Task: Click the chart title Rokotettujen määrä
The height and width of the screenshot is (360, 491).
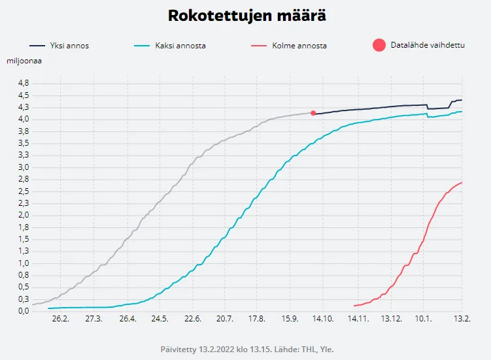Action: tap(246, 16)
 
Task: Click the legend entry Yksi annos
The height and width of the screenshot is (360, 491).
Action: tap(69, 46)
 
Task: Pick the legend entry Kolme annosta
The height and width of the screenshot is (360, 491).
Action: tap(299, 46)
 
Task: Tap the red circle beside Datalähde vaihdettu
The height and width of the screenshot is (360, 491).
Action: tap(379, 45)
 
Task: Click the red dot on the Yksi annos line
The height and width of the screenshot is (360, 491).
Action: tap(313, 113)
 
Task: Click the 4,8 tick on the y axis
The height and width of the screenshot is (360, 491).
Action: tap(23, 83)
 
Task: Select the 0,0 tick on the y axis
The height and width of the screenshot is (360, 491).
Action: tap(23, 311)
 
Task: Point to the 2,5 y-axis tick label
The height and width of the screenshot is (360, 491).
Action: tap(23, 191)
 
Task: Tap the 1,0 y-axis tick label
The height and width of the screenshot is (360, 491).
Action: tap(23, 263)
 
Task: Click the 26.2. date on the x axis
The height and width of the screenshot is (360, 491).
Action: tap(60, 319)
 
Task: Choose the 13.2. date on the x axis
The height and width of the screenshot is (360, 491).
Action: tap(462, 319)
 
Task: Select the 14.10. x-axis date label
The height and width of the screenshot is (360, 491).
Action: tap(323, 319)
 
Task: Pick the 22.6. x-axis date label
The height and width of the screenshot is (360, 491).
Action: tap(192, 319)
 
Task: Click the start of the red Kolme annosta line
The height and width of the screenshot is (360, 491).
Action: tap(354, 306)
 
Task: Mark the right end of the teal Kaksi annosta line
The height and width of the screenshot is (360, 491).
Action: tap(462, 112)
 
